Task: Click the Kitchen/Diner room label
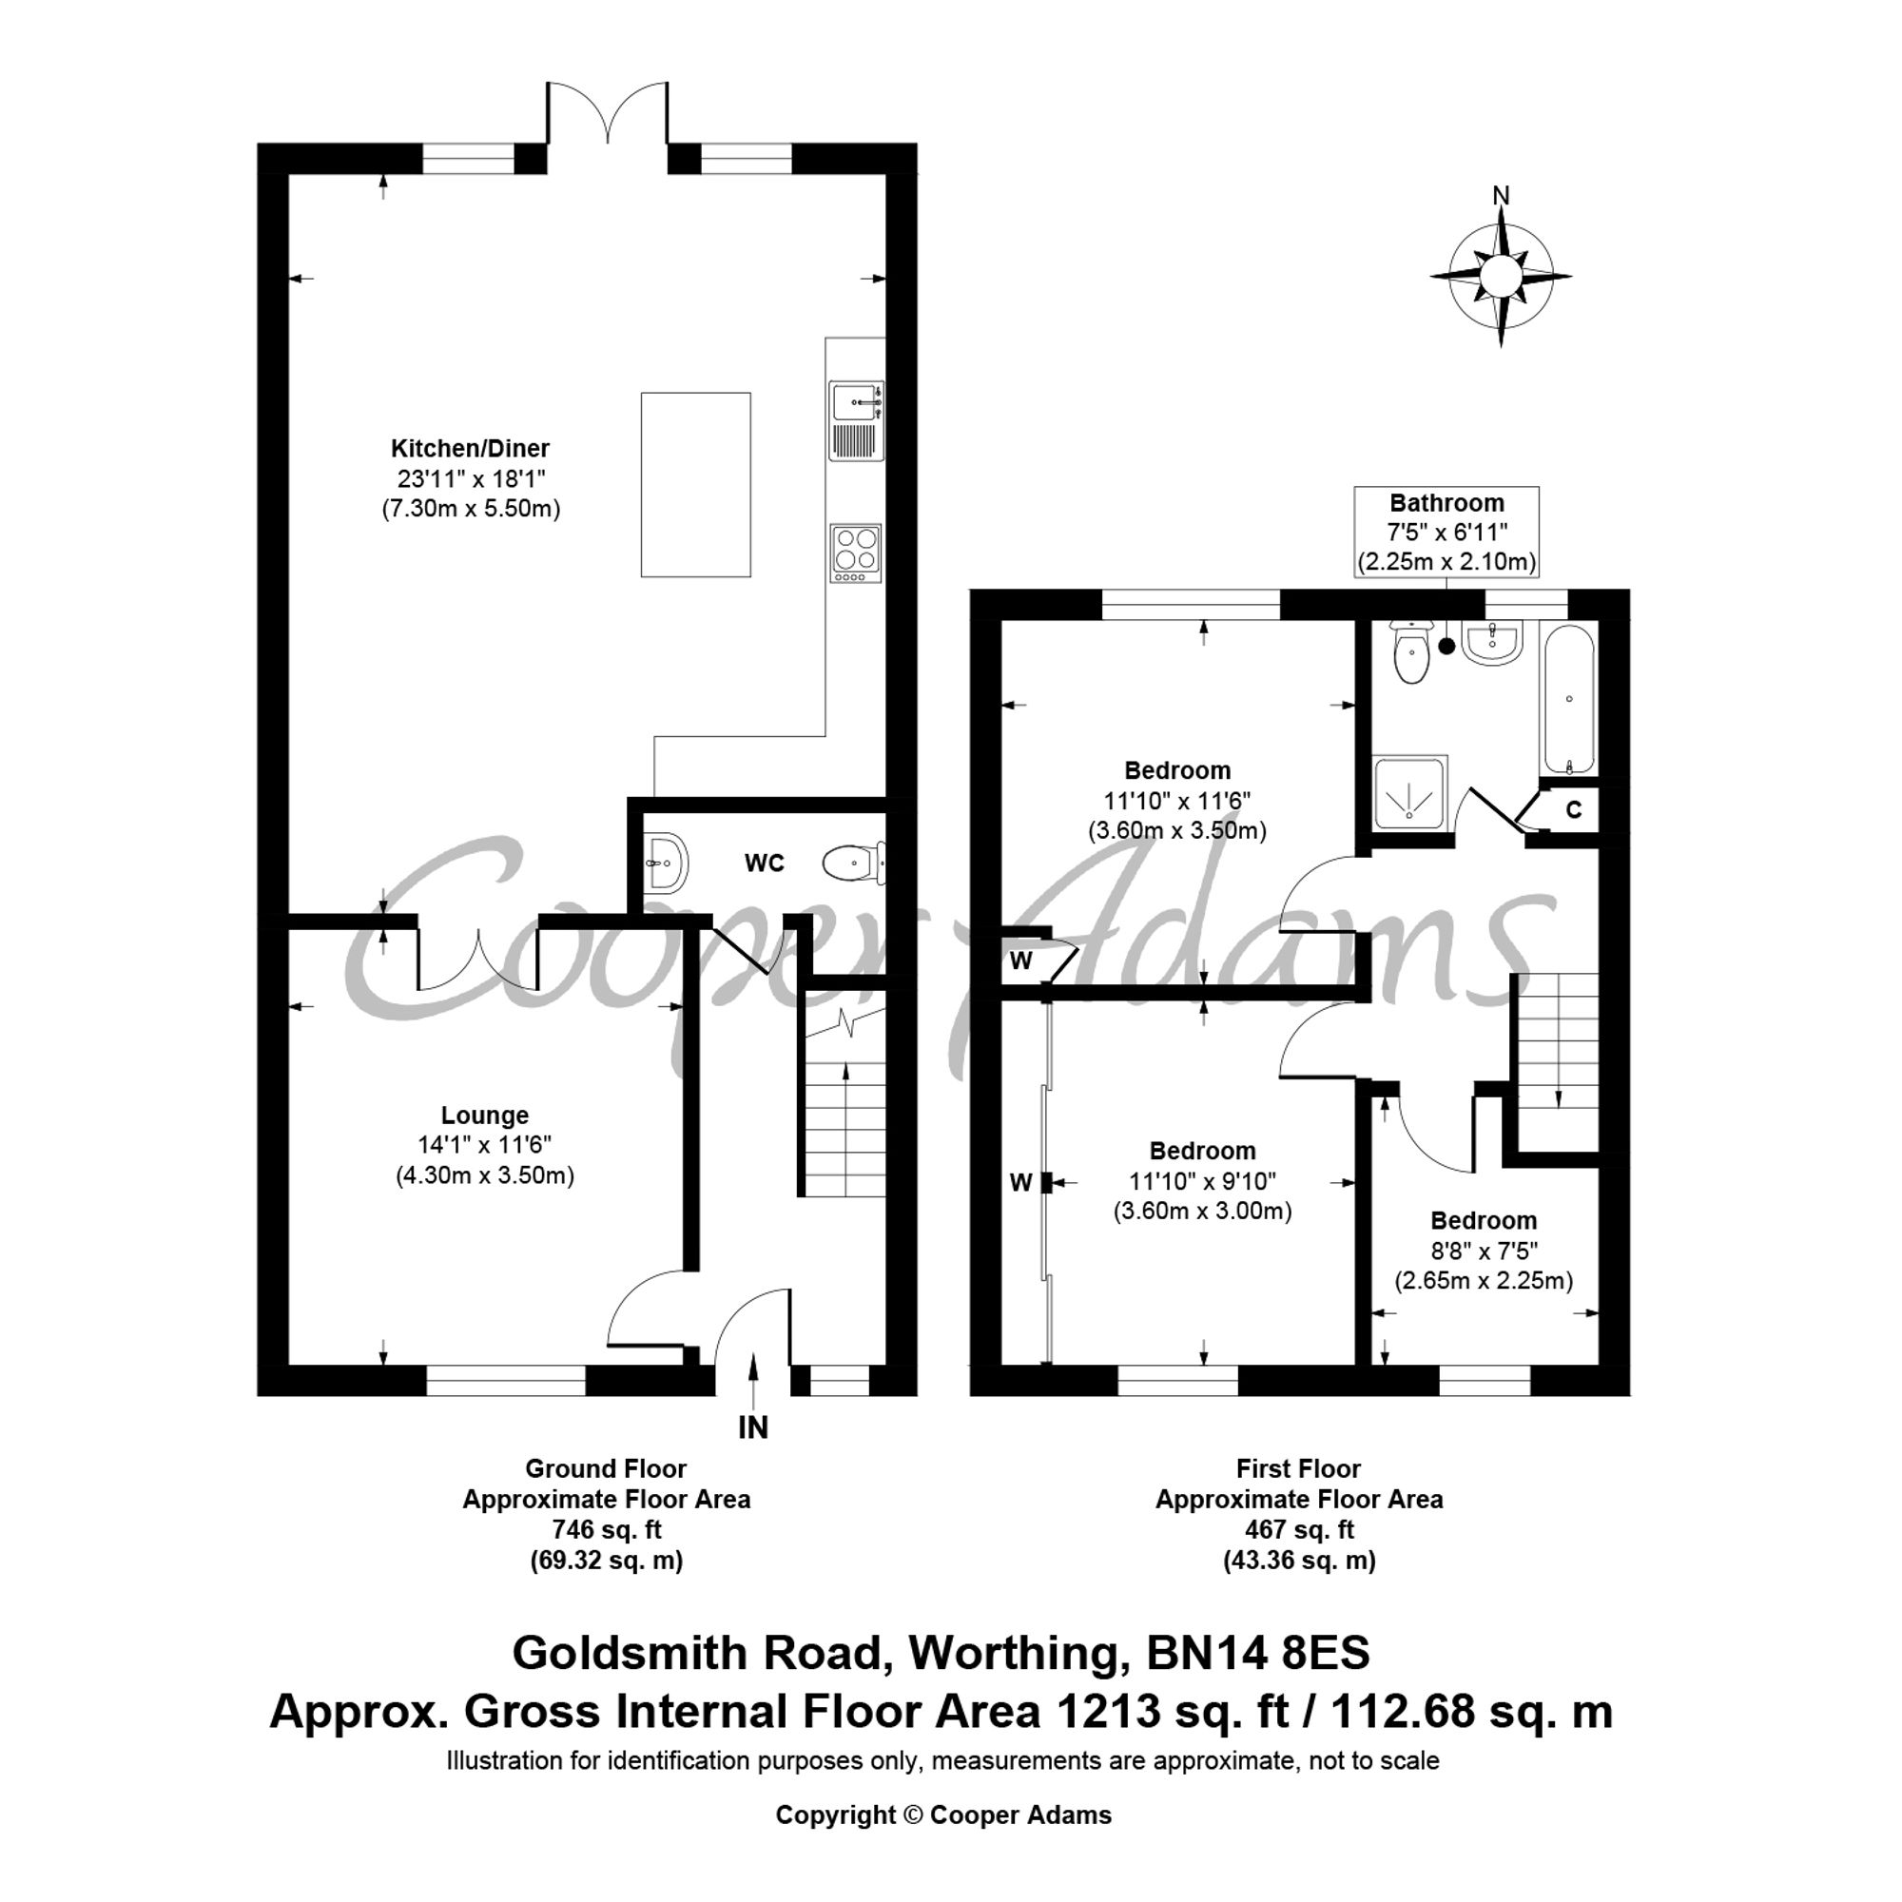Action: pyautogui.click(x=470, y=449)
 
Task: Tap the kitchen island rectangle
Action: pyautogui.click(x=695, y=484)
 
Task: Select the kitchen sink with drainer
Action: pyautogui.click(x=856, y=420)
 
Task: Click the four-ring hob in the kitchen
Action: pyautogui.click(x=856, y=553)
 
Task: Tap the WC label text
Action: pyautogui.click(x=764, y=864)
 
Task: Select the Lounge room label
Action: pyautogui.click(x=484, y=1116)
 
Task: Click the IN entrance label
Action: pyautogui.click(x=753, y=1427)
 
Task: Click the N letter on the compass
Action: pyautogui.click(x=1501, y=196)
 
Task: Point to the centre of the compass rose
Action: pyautogui.click(x=1501, y=276)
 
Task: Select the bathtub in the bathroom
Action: pyautogui.click(x=1568, y=700)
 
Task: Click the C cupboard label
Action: pyautogui.click(x=1574, y=809)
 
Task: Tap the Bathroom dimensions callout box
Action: pyautogui.click(x=1446, y=532)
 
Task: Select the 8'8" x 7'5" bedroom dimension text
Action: pyautogui.click(x=1484, y=1251)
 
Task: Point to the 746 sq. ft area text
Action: pyautogui.click(x=607, y=1530)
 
